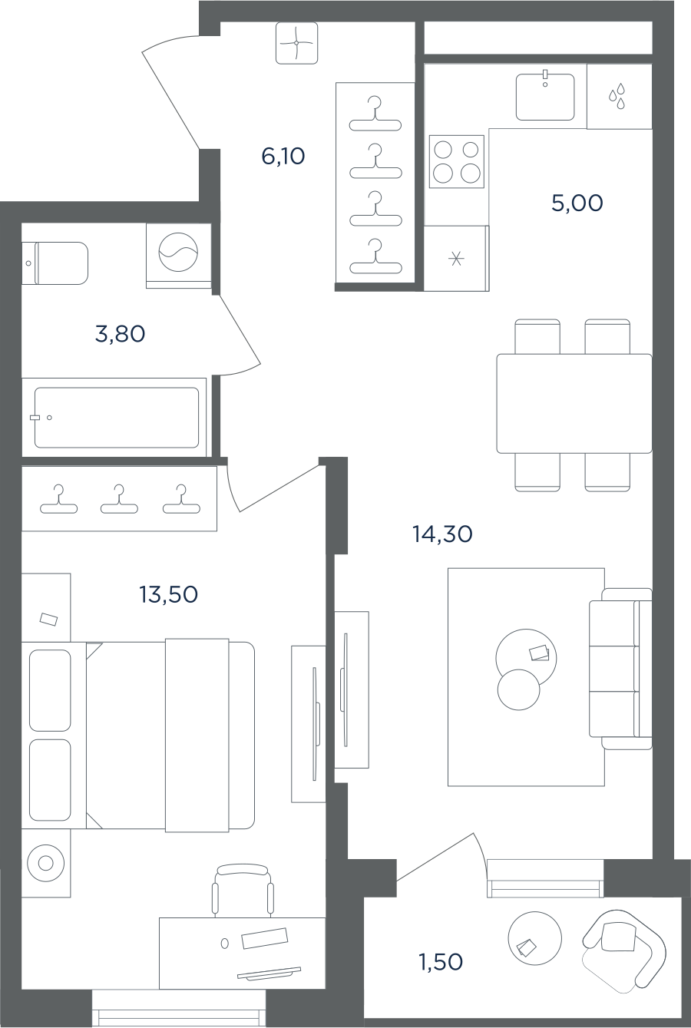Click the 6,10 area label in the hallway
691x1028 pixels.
click(283, 157)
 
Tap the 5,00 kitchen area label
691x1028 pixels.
click(577, 203)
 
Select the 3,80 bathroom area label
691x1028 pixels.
click(121, 334)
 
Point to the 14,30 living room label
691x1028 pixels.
click(442, 534)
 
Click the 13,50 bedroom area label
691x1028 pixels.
click(168, 594)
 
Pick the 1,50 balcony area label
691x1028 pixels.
click(441, 962)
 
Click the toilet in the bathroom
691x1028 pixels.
click(55, 263)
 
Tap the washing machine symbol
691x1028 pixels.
click(178, 253)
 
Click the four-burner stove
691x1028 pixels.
click(457, 161)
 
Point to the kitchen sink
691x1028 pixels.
click(545, 97)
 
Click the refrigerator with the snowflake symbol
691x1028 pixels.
click(456, 259)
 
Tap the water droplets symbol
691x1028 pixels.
click(617, 96)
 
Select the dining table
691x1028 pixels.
click(574, 403)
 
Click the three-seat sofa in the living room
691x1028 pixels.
click(620, 669)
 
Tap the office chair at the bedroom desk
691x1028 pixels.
click(243, 891)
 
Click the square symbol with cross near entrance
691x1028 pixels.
click(297, 43)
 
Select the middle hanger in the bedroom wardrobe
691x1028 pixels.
click(119, 499)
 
